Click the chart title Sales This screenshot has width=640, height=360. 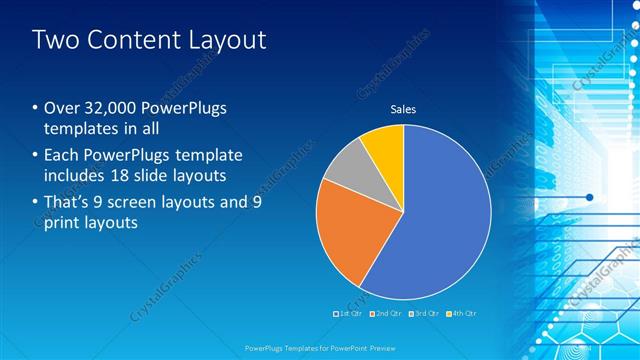(403, 109)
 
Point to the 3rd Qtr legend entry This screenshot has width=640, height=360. (424, 314)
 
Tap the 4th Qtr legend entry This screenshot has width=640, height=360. (461, 314)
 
